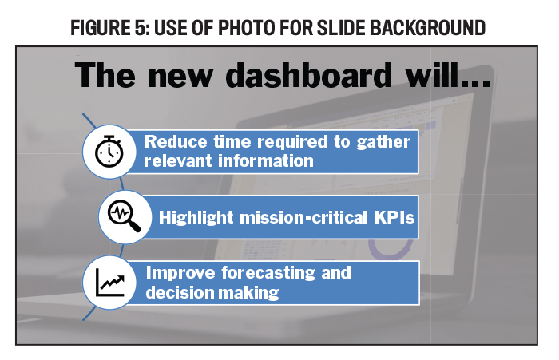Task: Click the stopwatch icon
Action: pyautogui.click(x=109, y=151)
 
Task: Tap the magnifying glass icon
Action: pyautogui.click(x=124, y=216)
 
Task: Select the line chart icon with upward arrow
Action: pyautogui.click(x=110, y=283)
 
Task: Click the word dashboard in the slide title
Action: pyautogui.click(x=309, y=75)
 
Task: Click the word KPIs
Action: pyautogui.click(x=394, y=217)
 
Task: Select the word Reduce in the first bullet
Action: pyautogui.click(x=176, y=141)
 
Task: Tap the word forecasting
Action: pyautogui.click(x=268, y=273)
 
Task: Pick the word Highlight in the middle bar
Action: pyautogui.click(x=196, y=217)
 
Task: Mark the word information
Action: pyautogui.click(x=266, y=160)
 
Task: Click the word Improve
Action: pyautogui.click(x=180, y=274)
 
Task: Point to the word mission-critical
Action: pyautogui.click(x=303, y=217)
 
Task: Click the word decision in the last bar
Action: pyautogui.click(x=180, y=293)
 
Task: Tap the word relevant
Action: pyautogui.click(x=178, y=160)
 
